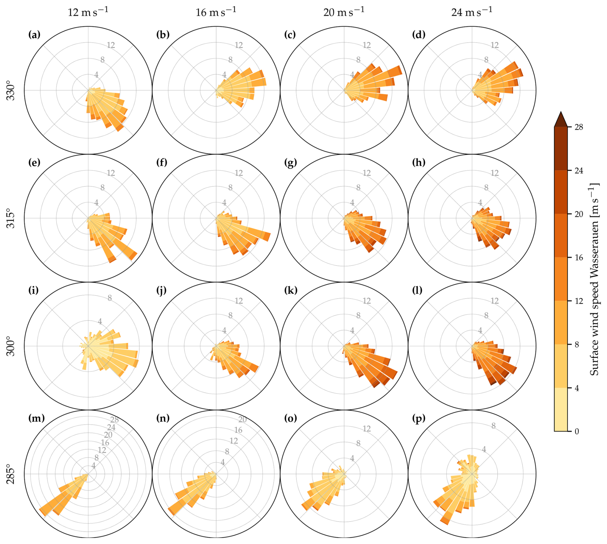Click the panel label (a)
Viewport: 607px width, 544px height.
click(x=34, y=35)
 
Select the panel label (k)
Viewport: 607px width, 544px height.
click(x=291, y=291)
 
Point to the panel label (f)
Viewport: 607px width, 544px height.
click(x=162, y=163)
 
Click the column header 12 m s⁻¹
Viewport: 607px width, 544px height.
click(x=88, y=12)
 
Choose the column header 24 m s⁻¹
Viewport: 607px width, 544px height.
click(x=472, y=12)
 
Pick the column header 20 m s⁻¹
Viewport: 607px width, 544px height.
click(x=344, y=12)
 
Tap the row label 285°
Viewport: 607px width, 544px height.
click(x=11, y=474)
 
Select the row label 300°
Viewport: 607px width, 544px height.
click(x=11, y=346)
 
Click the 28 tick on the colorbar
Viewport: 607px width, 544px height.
click(x=579, y=127)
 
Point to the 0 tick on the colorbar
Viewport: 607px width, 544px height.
click(x=577, y=431)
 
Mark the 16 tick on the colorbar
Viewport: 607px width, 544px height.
click(x=579, y=258)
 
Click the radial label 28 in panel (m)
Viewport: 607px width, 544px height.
click(x=114, y=420)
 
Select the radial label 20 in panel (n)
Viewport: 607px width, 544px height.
click(x=242, y=419)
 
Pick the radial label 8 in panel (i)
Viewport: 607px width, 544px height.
click(x=110, y=298)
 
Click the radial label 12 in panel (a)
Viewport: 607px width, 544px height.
click(x=111, y=45)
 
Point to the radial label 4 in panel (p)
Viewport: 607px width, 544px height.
click(x=484, y=449)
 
